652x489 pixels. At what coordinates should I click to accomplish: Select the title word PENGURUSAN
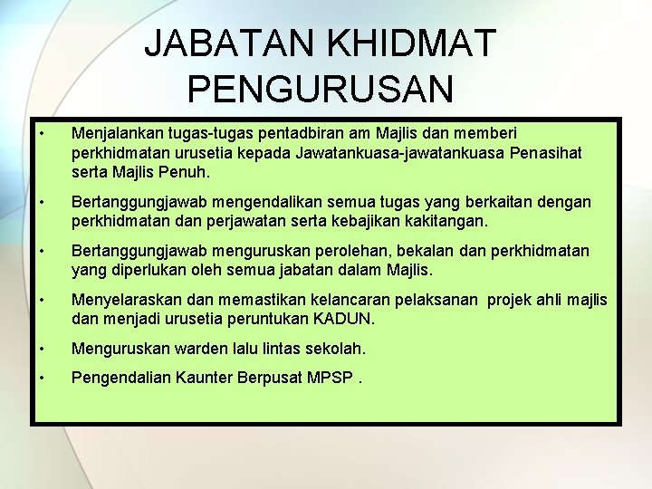[x=321, y=89]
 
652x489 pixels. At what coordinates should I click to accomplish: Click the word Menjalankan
[x=117, y=133]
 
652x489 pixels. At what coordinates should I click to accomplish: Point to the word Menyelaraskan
[x=127, y=300]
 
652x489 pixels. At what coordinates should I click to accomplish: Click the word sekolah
[x=335, y=348]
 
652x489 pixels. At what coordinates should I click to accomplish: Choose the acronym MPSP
[x=329, y=378]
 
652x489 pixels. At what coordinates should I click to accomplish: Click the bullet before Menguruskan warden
[x=42, y=348]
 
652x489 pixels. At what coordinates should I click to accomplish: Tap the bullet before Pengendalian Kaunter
[x=42, y=378]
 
